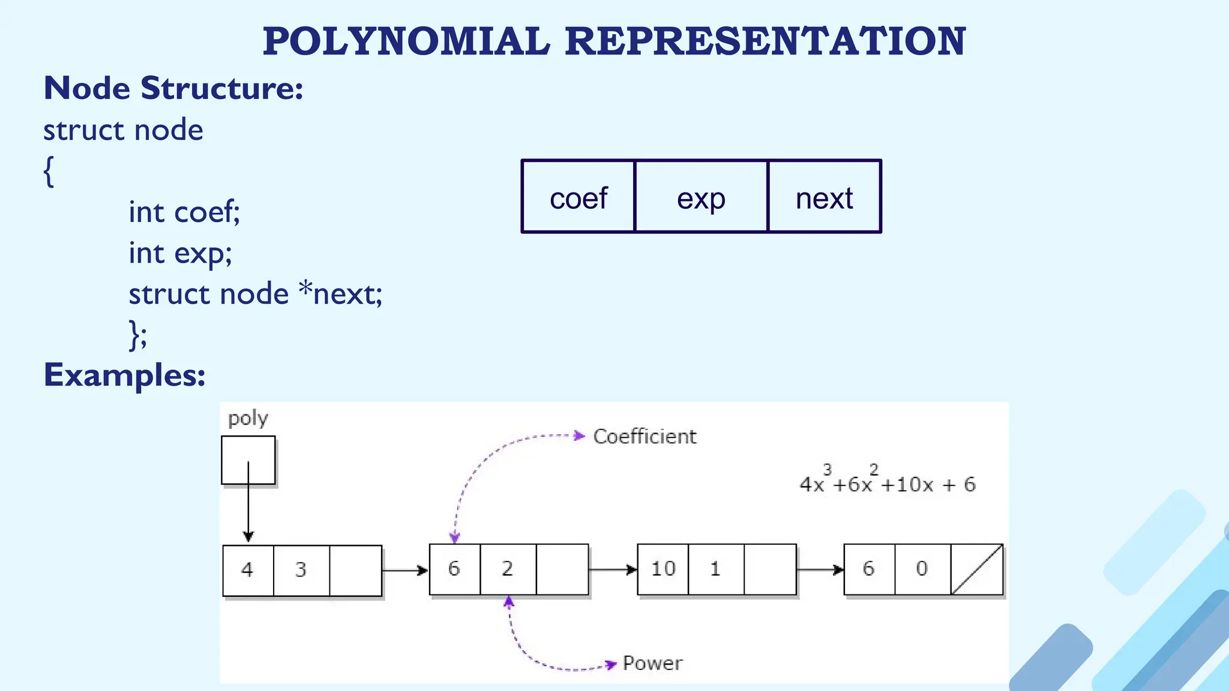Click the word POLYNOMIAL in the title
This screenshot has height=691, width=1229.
(406, 41)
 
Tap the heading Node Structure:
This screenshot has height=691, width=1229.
(173, 88)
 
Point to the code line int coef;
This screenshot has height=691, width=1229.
(184, 212)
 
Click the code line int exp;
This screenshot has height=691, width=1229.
(180, 253)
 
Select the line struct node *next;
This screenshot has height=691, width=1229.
(255, 294)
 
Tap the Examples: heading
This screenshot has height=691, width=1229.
(125, 375)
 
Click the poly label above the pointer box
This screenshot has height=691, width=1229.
(248, 418)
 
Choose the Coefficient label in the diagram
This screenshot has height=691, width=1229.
(645, 436)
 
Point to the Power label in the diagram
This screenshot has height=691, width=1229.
(652, 663)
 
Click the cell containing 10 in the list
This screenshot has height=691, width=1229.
(663, 569)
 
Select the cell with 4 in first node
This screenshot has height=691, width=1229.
(248, 570)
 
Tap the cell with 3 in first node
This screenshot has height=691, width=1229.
(301, 570)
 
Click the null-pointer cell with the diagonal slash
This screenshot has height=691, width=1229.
(977, 569)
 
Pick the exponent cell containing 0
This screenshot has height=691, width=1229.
(922, 569)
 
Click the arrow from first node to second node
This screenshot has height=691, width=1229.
(405, 570)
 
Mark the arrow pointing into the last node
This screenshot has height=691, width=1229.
(820, 569)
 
